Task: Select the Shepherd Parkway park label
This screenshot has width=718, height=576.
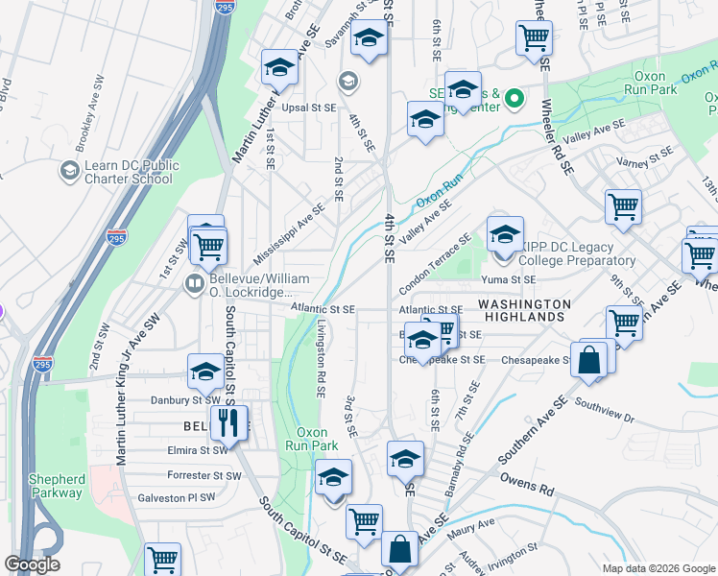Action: (x=56, y=486)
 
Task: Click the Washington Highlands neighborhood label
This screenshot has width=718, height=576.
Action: (x=520, y=309)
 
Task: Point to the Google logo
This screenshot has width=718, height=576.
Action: (x=32, y=564)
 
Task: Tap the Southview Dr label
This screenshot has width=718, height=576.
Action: (x=606, y=411)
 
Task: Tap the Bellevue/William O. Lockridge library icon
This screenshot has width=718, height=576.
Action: (x=193, y=283)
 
